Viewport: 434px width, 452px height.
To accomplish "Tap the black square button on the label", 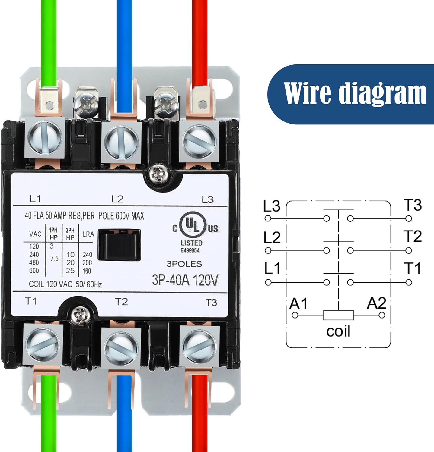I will (x=119, y=244).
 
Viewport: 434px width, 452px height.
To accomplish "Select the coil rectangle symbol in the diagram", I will (x=338, y=315).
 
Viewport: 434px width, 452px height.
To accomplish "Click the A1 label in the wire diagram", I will (x=298, y=304).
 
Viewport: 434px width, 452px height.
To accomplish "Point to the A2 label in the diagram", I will (x=376, y=303).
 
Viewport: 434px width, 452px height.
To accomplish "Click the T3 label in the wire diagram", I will (x=413, y=205).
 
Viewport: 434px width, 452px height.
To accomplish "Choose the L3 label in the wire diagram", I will (x=272, y=206).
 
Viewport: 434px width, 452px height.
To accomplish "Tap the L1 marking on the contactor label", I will (x=35, y=199).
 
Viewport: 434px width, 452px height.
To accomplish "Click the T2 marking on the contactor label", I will (x=121, y=302).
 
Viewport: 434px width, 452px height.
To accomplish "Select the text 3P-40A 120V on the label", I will (x=185, y=280).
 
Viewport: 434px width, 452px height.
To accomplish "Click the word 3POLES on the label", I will (x=184, y=264).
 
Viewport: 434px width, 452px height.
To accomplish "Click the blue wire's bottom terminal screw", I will (x=121, y=344).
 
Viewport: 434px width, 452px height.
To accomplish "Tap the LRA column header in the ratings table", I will (x=88, y=234).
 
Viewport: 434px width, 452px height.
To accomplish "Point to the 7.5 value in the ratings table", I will (x=54, y=259).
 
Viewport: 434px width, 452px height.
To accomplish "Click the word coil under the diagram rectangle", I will (x=338, y=331).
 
